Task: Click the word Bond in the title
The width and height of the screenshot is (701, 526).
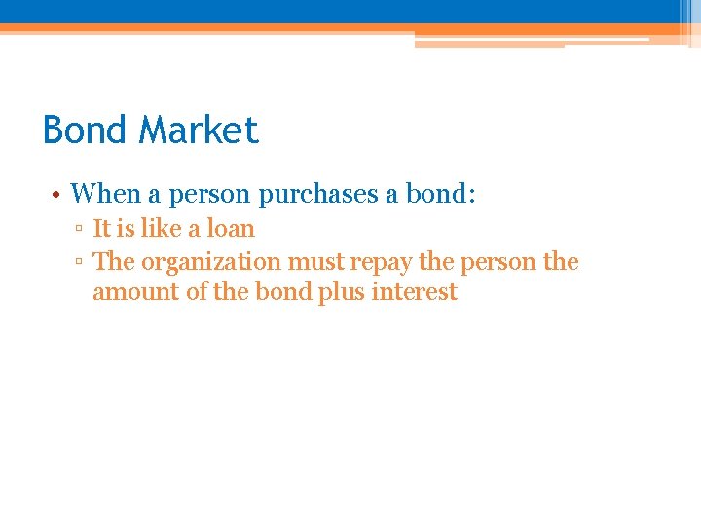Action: point(86,130)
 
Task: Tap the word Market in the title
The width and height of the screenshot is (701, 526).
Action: point(200,130)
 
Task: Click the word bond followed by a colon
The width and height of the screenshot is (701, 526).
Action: point(439,194)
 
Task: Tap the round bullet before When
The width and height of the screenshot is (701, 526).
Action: point(57,195)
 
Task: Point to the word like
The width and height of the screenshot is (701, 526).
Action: point(161,229)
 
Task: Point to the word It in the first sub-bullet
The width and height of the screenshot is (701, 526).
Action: point(101,229)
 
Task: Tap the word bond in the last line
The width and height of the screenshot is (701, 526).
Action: point(282,292)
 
